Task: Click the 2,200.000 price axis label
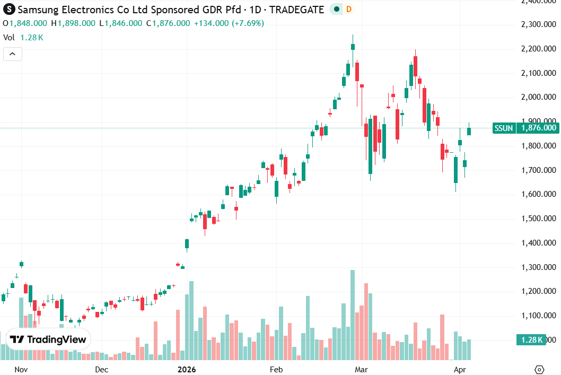pyautogui.click(x=538, y=49)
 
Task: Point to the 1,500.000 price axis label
pyautogui.click(x=538, y=219)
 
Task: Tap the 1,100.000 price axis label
pyautogui.click(x=538, y=316)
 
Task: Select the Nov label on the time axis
pyautogui.click(x=21, y=369)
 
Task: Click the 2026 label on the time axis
pyautogui.click(x=187, y=369)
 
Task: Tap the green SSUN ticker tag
pyautogui.click(x=503, y=128)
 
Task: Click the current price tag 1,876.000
pyautogui.click(x=538, y=128)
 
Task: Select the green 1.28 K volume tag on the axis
pyautogui.click(x=531, y=340)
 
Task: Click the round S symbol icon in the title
pyautogui.click(x=9, y=10)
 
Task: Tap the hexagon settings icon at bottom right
pyautogui.click(x=540, y=369)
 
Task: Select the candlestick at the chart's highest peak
pyautogui.click(x=353, y=47)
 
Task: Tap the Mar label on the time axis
pyautogui.click(x=362, y=369)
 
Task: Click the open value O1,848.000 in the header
pyautogui.click(x=25, y=23)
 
